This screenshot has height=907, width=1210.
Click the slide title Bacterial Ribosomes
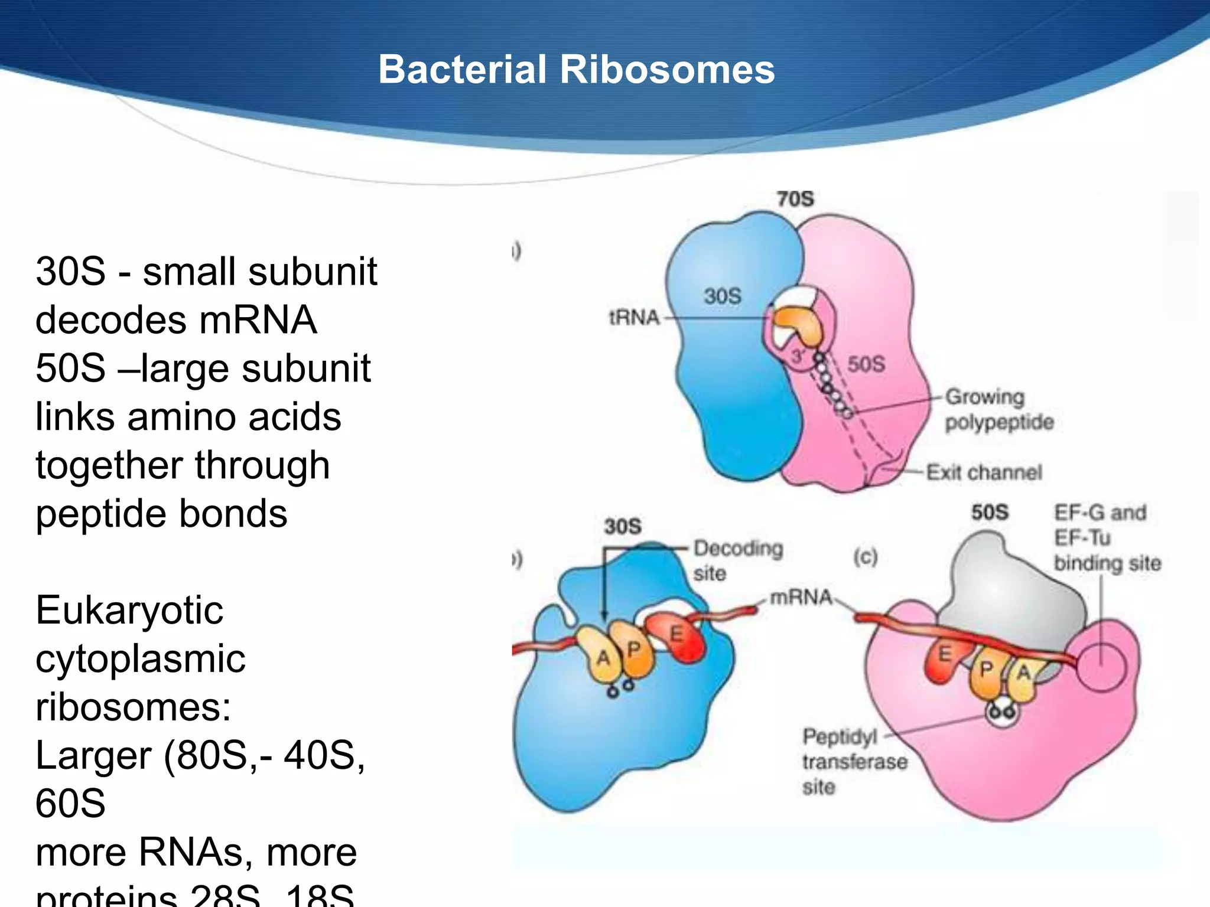click(576, 70)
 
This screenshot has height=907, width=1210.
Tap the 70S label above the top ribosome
click(795, 199)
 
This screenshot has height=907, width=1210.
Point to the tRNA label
click(634, 318)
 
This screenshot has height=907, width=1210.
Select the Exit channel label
click(984, 472)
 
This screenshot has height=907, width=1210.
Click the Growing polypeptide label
click(999, 409)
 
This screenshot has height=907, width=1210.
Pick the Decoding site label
click(738, 560)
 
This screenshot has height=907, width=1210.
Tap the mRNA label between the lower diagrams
click(801, 598)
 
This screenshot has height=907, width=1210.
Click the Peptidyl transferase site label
click(854, 762)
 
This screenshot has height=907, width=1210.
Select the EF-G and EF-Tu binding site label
click(1107, 537)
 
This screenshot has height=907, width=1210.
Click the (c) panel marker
click(865, 556)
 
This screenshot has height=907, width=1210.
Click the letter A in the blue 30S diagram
click(603, 657)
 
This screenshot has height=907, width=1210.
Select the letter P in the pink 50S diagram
click(986, 670)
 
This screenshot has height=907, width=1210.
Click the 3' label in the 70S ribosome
click(798, 356)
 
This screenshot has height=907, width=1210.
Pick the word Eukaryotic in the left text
click(129, 611)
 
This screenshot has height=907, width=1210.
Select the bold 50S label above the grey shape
click(990, 512)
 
